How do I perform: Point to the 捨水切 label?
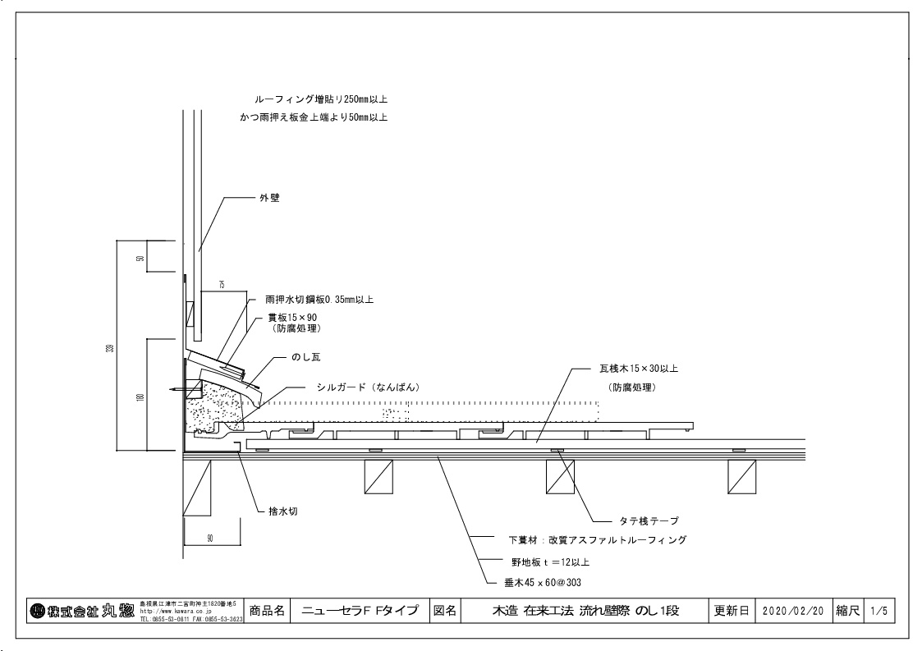click(x=283, y=511)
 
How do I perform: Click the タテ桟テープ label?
click(x=649, y=520)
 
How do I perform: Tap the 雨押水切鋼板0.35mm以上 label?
click(x=319, y=300)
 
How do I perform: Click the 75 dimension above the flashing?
click(x=222, y=284)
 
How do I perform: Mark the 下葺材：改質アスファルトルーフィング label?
click(x=597, y=541)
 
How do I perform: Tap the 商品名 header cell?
click(x=267, y=612)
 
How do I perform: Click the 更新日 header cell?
click(x=730, y=612)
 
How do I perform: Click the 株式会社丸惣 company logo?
click(x=80, y=611)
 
